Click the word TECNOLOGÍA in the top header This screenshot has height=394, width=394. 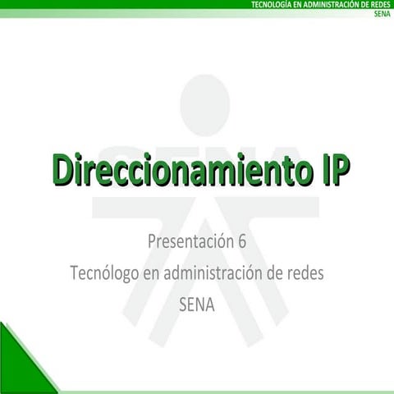[272, 5]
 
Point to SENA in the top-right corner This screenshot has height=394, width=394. [382, 14]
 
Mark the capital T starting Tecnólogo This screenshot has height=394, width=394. [75, 273]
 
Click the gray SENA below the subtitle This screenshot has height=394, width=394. [196, 304]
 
